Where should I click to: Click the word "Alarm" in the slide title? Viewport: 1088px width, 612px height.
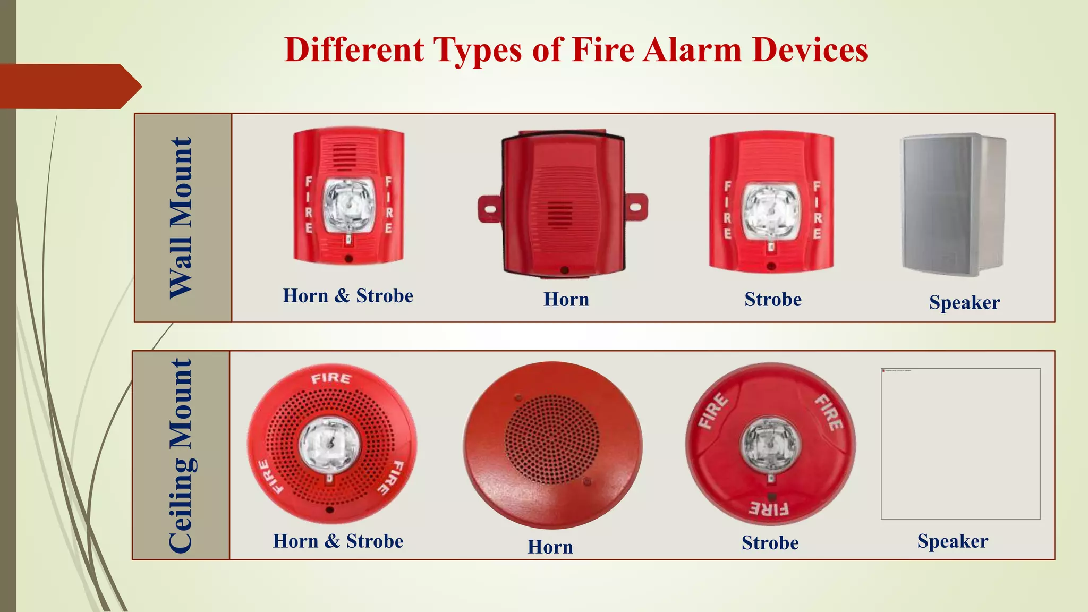tap(693, 50)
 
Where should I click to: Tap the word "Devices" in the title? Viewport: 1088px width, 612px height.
tap(810, 50)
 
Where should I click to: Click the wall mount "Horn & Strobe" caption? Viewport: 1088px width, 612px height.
tap(348, 296)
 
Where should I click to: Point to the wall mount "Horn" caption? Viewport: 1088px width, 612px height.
tap(566, 300)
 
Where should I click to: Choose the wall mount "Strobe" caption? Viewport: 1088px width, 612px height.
tap(773, 300)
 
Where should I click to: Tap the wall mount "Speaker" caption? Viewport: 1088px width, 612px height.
tap(964, 302)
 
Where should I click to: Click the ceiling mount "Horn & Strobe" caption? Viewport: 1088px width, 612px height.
tap(338, 541)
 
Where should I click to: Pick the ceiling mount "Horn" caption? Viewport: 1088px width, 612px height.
tap(550, 547)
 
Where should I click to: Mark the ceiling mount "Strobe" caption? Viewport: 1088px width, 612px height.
tap(770, 543)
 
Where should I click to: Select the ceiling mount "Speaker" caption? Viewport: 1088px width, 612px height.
tap(953, 541)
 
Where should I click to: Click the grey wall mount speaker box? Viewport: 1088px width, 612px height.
tap(954, 205)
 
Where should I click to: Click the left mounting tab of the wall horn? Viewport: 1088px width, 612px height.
tap(489, 208)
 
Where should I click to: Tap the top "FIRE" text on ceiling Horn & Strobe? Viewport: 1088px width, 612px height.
tap(331, 378)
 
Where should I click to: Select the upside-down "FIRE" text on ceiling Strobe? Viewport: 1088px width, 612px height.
tap(769, 509)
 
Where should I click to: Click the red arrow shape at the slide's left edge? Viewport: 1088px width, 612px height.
tap(69, 86)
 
